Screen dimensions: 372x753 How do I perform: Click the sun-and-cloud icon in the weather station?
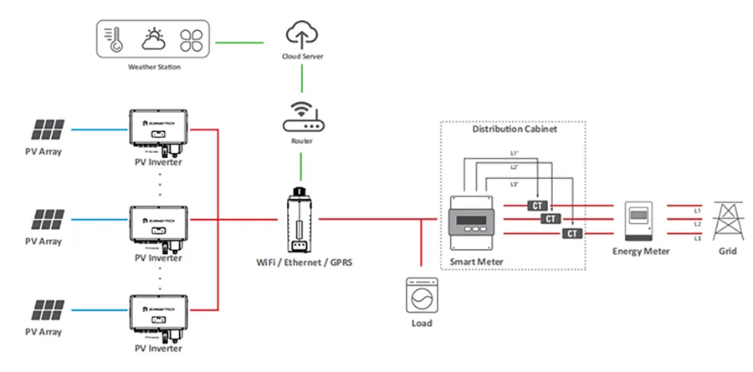point(154,38)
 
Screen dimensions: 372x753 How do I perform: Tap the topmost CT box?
point(534,205)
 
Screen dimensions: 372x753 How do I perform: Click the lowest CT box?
point(572,233)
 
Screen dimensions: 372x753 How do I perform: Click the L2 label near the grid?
point(697,224)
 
